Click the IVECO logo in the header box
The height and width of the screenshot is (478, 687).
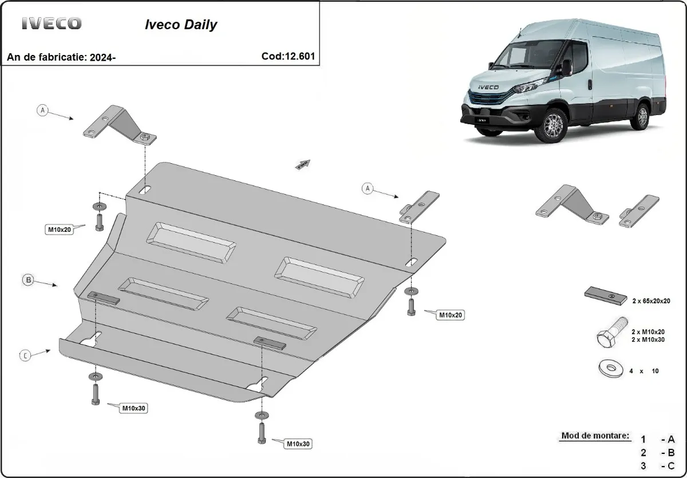pos(52,23)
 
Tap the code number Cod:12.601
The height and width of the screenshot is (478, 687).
pos(287,56)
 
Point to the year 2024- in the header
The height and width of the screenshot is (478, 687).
pos(103,57)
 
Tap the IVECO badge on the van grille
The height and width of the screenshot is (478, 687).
pos(485,88)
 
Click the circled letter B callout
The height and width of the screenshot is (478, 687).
pos(28,280)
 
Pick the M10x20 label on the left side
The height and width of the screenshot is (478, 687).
pos(59,230)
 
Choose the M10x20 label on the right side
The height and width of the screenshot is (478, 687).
pos(450,314)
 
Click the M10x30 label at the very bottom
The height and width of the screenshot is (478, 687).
pos(299,444)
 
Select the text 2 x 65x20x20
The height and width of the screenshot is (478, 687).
pos(651,301)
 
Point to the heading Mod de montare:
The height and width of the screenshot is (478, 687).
pos(595,436)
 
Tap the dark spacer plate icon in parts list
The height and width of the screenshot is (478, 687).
pos(606,295)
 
